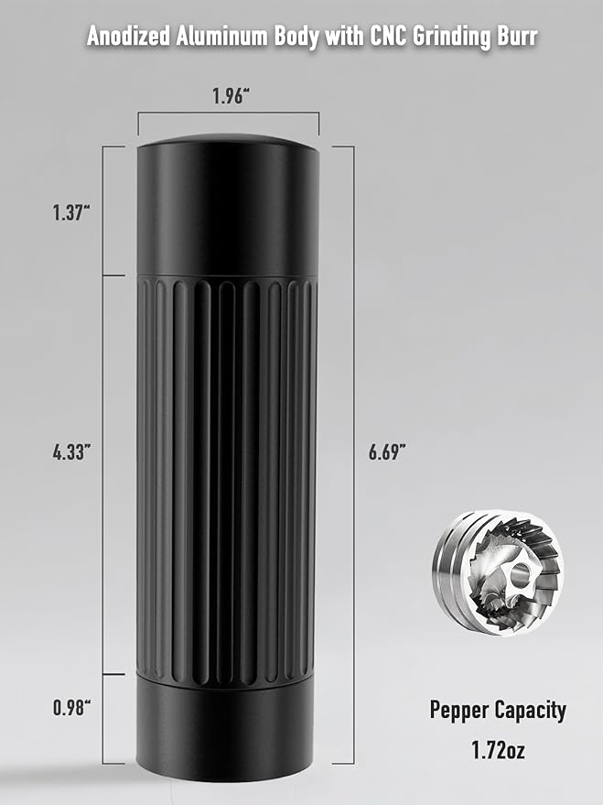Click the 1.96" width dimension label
click(229, 97)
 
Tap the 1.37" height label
click(70, 212)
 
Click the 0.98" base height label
click(70, 708)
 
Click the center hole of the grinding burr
click(518, 576)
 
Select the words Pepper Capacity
click(498, 710)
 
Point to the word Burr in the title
click(514, 38)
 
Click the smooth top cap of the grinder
click(228, 206)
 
